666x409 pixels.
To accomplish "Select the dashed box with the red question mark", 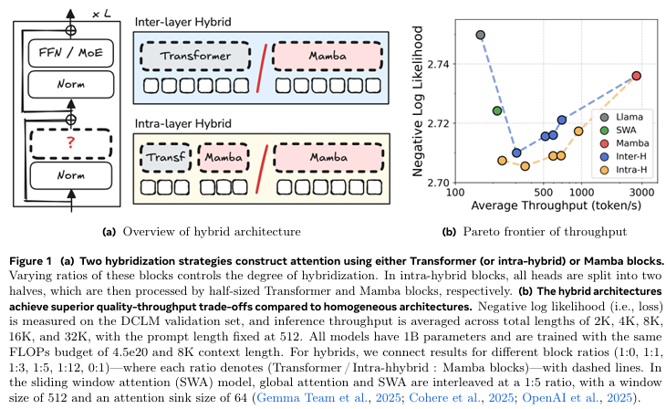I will click(69, 141).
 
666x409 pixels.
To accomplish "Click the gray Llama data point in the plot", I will click(481, 35).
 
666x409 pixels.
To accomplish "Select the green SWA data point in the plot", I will click(497, 110).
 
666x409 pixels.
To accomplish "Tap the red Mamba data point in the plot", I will click(637, 76).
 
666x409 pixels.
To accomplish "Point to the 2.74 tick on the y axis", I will click(437, 63).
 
